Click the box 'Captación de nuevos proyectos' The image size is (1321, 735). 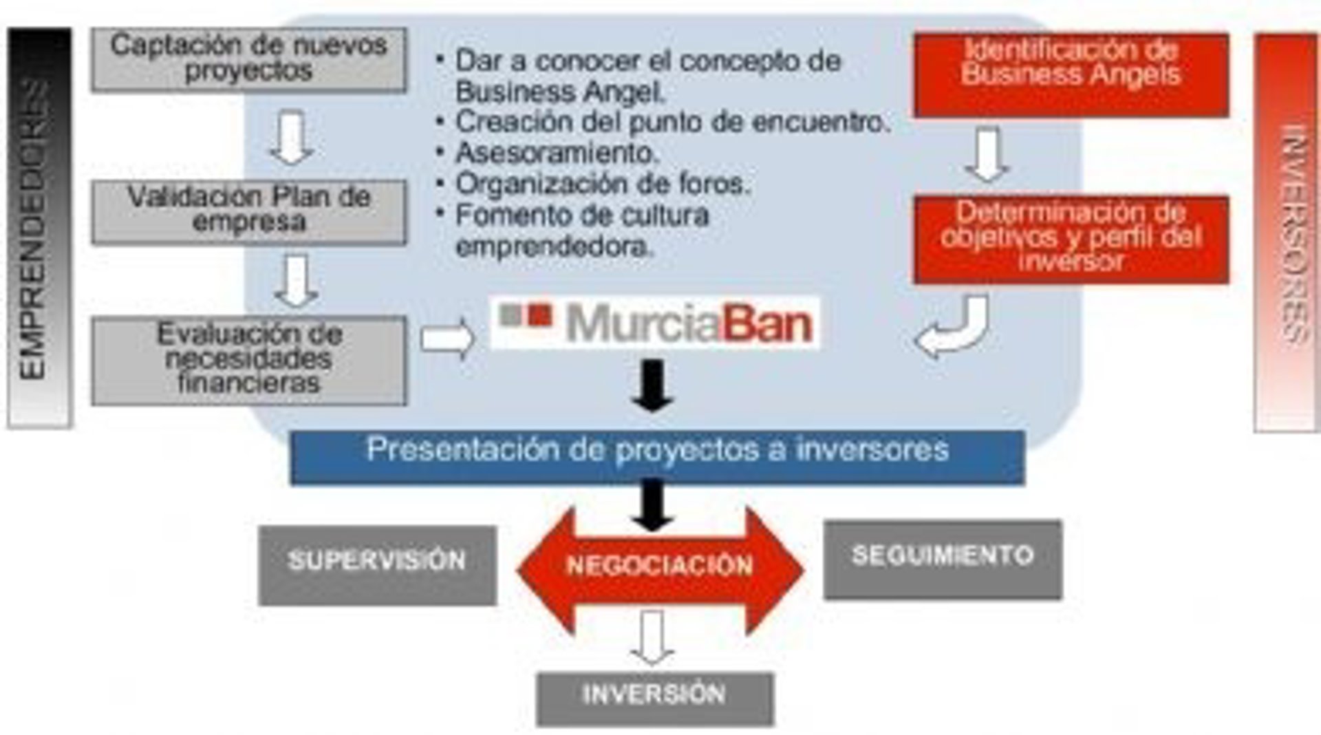248,59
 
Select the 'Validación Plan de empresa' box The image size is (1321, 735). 248,211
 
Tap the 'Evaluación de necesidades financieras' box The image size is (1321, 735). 248,360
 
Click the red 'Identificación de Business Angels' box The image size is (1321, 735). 1071,74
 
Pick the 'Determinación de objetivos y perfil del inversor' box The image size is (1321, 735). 1071,238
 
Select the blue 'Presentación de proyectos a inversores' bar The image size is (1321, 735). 657,457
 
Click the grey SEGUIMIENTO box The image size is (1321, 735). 943,560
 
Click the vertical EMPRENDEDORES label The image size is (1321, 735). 38,228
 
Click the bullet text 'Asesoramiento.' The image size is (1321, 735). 557,153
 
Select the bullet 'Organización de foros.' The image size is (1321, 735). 602,184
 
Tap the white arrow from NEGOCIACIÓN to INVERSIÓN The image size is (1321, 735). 652,637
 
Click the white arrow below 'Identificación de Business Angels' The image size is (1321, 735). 987,156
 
